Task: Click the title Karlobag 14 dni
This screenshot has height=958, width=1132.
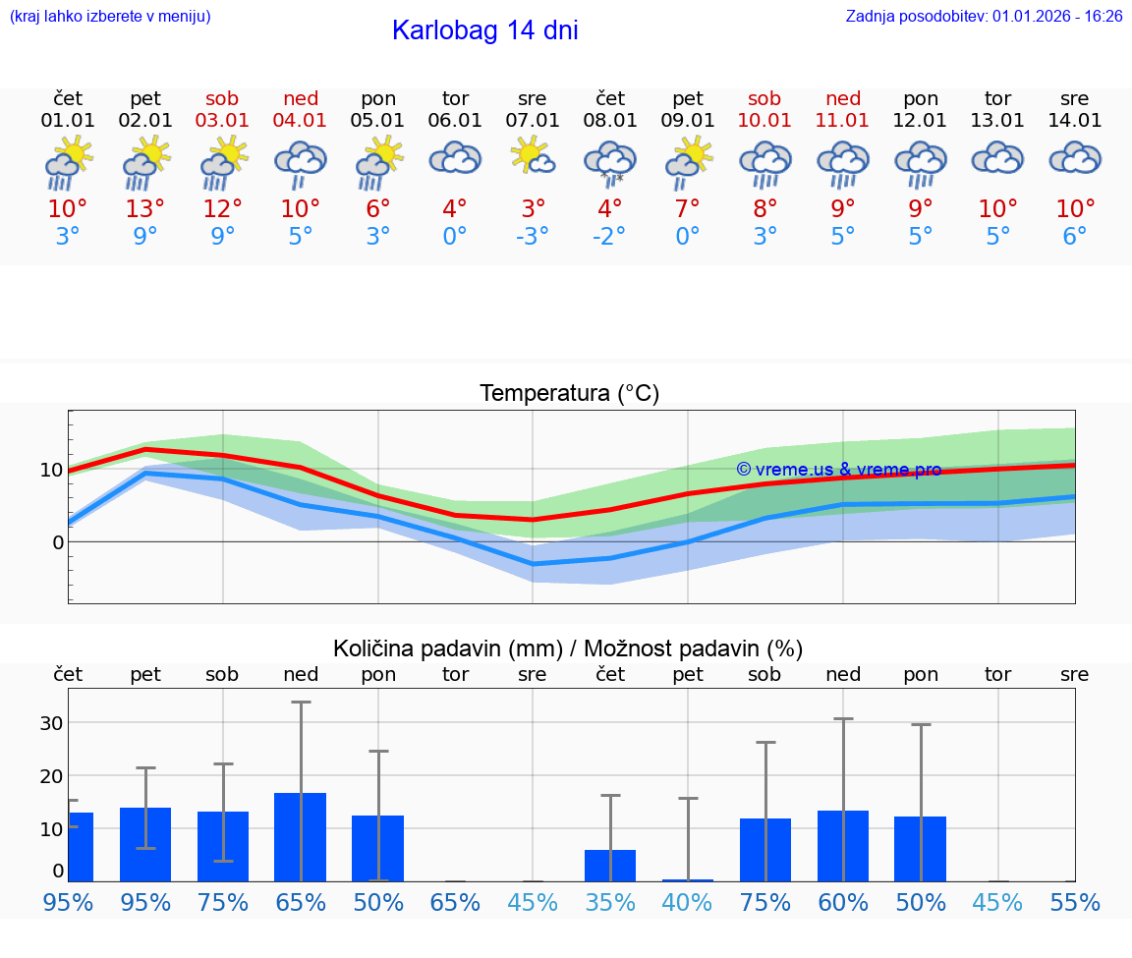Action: [484, 30]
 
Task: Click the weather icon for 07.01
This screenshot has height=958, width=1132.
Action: [532, 157]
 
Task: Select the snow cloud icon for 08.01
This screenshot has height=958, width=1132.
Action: [609, 163]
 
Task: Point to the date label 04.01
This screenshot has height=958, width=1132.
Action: [300, 121]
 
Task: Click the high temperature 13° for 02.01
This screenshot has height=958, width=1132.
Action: [145, 209]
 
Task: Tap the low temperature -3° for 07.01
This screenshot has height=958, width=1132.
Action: [532, 237]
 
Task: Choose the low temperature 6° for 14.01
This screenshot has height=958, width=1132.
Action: [1074, 237]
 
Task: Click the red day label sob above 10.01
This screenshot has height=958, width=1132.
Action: [764, 98]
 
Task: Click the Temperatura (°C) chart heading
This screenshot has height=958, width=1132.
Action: [569, 394]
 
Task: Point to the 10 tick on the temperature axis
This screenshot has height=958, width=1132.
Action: [51, 470]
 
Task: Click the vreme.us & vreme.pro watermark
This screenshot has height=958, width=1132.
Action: [838, 470]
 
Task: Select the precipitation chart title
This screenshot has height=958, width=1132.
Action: [568, 648]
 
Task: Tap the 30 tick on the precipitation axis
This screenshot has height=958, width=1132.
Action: [51, 723]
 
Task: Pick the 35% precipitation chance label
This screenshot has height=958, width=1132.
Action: [609, 902]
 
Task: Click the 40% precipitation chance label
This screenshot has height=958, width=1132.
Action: [687, 902]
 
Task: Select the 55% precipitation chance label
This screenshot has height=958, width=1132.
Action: [1074, 902]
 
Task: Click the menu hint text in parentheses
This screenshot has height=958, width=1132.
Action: [110, 16]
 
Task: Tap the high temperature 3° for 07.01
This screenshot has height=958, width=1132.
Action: [533, 209]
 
